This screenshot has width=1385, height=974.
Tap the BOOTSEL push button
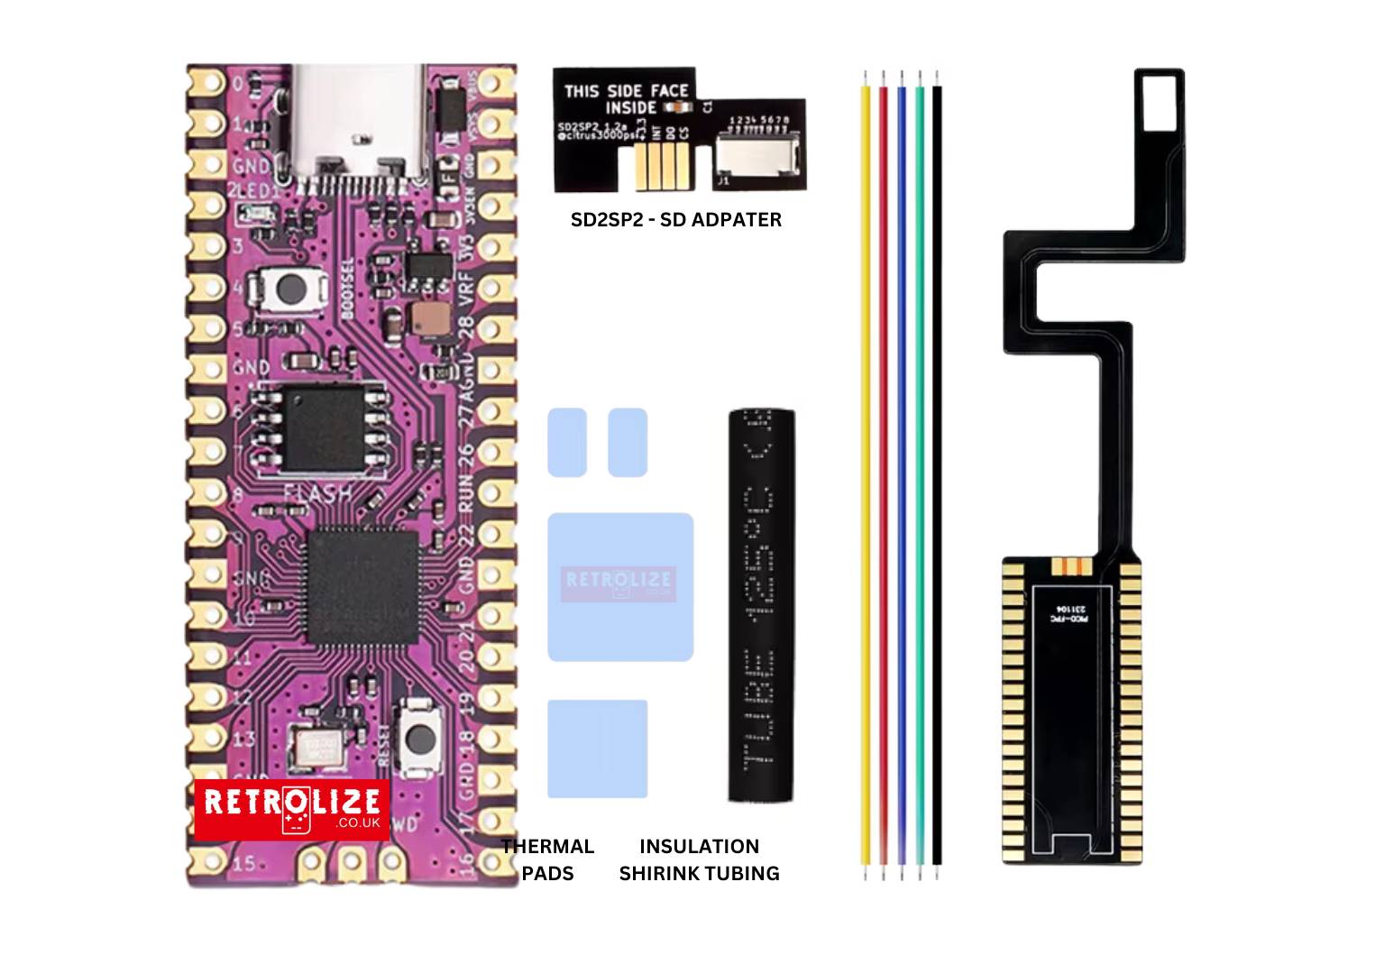click(289, 289)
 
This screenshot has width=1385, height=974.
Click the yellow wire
click(867, 469)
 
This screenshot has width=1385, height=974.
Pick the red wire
click(884, 469)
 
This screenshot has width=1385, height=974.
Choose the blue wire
click(902, 469)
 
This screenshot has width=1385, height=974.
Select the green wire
click(920, 469)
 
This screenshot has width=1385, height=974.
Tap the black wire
click(938, 469)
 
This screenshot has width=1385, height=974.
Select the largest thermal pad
click(620, 586)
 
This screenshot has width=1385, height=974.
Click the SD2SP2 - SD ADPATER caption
click(676, 219)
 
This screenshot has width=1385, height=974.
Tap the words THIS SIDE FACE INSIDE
click(626, 98)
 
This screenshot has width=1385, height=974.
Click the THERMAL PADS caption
click(547, 859)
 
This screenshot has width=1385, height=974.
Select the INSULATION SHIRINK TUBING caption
click(699, 859)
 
